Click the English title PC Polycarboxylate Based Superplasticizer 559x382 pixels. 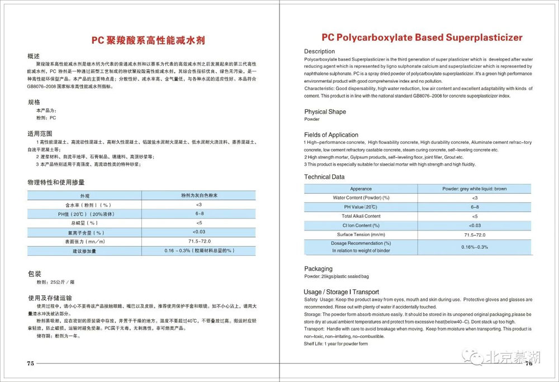point(422,37)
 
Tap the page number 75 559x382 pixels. point(30,364)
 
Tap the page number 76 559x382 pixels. point(529,364)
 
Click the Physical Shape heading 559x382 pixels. point(325,112)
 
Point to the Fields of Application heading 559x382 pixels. point(331,135)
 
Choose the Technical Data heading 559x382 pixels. point(324,177)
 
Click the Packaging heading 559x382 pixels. point(318,269)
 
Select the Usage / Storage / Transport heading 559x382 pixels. point(341,292)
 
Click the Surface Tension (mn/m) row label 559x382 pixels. point(361,234)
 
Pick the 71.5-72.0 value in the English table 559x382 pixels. point(474,234)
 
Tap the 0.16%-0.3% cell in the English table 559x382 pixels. point(474,247)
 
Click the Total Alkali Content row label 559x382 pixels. point(361,216)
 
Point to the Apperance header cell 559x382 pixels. point(361,189)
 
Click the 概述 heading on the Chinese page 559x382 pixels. point(34,56)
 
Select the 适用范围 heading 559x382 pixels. point(40,134)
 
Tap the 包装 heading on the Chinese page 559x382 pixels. point(34,274)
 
